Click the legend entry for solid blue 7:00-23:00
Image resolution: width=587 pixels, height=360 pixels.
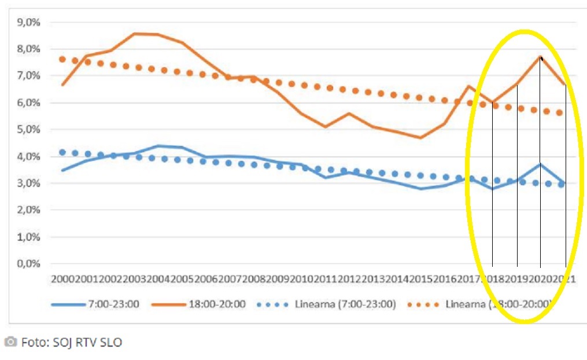click(x=95, y=304)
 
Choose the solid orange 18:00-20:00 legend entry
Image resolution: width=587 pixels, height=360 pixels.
click(x=200, y=304)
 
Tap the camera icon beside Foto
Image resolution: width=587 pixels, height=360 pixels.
click(x=10, y=341)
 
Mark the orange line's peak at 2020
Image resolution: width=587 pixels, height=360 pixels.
click(x=540, y=57)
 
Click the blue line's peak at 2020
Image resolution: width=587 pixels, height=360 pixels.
click(x=540, y=164)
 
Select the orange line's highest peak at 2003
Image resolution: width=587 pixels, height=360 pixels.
click(x=134, y=34)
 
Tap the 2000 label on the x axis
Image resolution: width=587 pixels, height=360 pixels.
click(x=62, y=279)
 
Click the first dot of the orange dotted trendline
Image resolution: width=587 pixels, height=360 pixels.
click(x=62, y=59)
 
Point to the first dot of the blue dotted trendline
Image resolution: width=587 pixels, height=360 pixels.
click(x=62, y=152)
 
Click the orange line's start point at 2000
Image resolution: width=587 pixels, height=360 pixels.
click(x=62, y=85)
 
